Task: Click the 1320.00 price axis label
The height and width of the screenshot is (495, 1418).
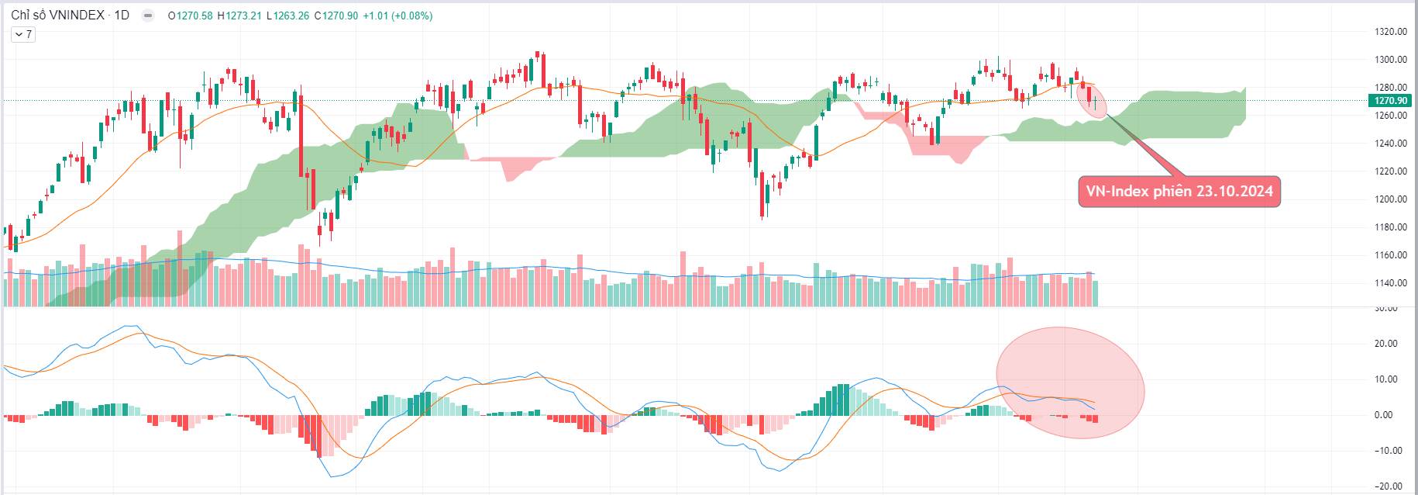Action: point(1390,32)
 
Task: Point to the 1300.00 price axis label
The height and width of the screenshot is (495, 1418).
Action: point(1390,60)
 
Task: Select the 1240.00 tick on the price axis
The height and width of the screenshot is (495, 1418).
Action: point(1390,144)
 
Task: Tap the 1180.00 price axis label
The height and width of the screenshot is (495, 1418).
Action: point(1390,227)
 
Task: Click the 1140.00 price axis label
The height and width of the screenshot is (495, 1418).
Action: point(1390,283)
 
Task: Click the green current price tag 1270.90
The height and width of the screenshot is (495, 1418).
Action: point(1390,101)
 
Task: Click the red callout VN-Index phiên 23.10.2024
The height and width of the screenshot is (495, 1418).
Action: point(1179,192)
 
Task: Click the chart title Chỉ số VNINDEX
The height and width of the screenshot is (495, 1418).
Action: point(57,16)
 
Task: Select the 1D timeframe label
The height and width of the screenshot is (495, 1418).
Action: point(122,16)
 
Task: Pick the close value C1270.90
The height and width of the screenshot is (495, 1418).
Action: point(336,16)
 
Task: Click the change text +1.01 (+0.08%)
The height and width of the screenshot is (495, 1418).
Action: point(397,16)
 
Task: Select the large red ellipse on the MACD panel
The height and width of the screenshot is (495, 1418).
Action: point(1069,388)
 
